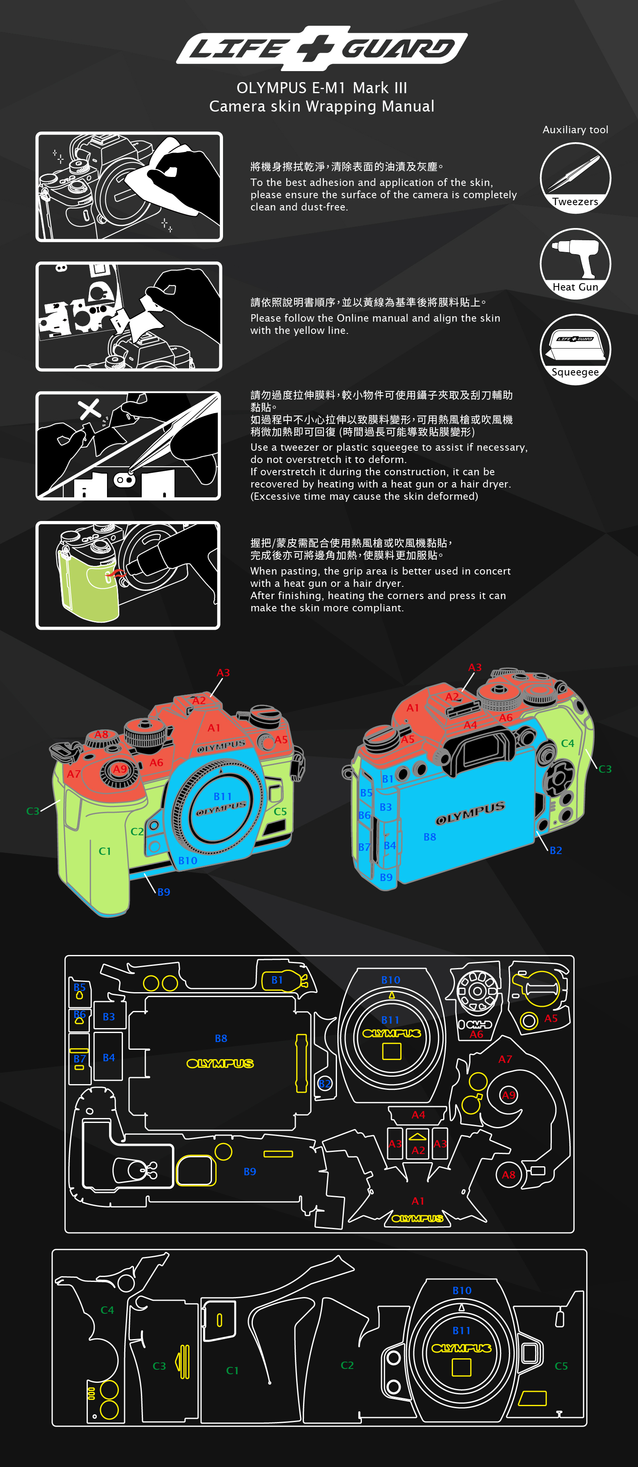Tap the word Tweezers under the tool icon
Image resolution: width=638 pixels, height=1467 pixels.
coord(575,201)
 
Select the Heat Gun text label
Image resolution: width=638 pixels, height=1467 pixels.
coord(575,287)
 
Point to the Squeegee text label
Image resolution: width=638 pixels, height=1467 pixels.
coord(575,372)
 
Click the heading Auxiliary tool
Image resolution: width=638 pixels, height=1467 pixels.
coord(575,130)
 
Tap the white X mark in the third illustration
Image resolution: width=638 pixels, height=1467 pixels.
coord(89,408)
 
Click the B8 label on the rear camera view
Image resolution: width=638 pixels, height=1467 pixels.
coord(430,836)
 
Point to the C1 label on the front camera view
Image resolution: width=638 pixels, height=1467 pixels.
coord(105,851)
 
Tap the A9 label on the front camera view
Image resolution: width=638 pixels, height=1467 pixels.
coord(120,769)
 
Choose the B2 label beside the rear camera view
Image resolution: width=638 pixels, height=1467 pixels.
coord(555,850)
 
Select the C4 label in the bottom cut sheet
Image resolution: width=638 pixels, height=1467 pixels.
coord(107,1310)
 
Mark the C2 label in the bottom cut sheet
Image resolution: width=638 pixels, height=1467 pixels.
coord(347,1365)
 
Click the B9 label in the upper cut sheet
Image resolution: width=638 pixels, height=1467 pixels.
coord(250,1172)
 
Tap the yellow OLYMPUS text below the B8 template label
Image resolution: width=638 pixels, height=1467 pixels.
coord(220,1063)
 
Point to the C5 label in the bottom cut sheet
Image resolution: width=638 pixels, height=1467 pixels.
coord(561,1366)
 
